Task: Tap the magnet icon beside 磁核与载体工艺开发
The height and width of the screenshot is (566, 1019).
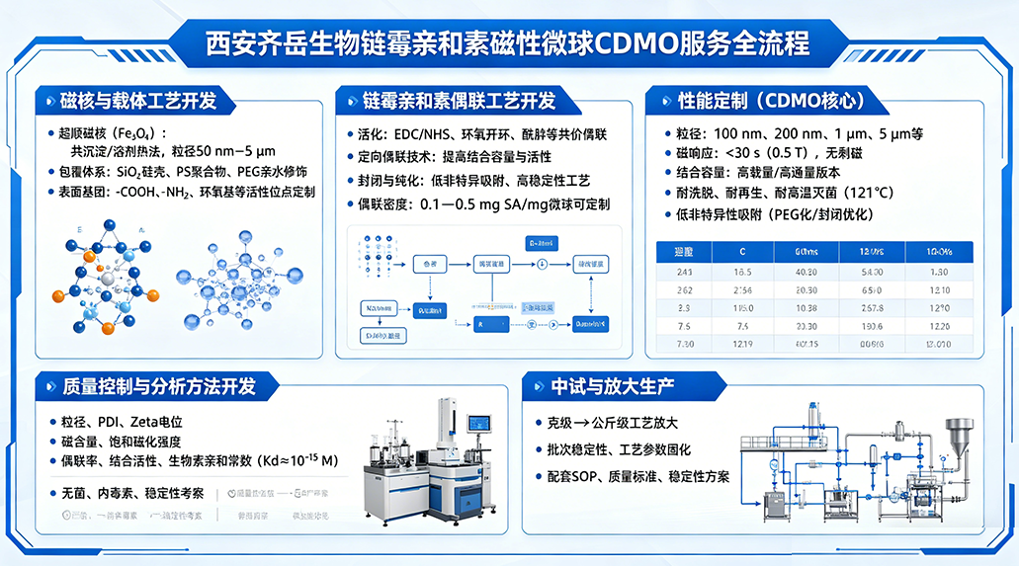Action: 47,102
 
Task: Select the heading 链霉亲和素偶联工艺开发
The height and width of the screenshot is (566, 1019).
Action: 459,102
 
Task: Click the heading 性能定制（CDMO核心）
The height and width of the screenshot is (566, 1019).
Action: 771,102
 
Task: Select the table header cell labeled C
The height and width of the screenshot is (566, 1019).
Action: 744,252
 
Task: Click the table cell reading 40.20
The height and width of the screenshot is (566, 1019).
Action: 806,272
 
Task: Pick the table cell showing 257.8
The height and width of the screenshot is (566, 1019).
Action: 872,308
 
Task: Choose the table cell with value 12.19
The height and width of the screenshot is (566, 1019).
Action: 744,344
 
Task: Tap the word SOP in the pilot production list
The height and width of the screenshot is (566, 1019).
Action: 605,477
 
